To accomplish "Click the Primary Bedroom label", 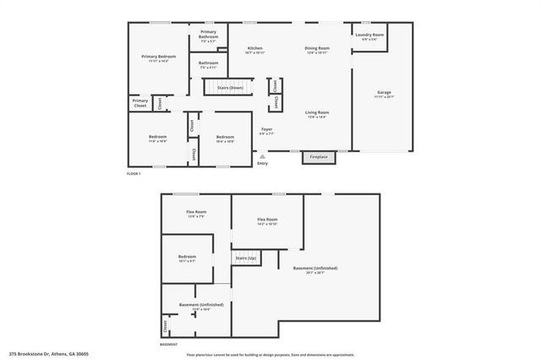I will [159, 58].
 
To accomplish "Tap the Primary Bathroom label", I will [208, 35].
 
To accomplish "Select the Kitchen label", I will [254, 50].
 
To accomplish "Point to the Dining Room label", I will [317, 50].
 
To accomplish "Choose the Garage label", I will [383, 94].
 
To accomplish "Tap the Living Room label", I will [317, 114].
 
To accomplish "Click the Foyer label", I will [266, 131].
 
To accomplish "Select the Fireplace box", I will [319, 157].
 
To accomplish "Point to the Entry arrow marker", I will [261, 156].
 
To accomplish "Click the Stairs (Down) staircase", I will [230, 87].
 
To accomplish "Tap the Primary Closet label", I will [140, 103].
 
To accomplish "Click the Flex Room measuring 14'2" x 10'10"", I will [267, 221].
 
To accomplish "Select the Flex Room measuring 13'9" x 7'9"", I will [197, 214].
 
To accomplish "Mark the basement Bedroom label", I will [187, 259].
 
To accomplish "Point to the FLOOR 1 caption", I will [133, 173].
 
